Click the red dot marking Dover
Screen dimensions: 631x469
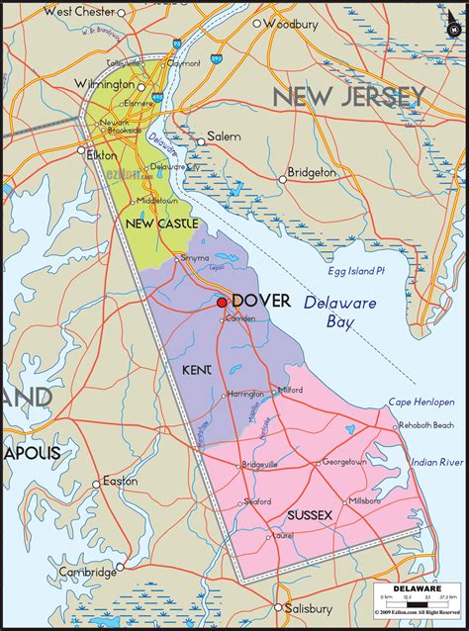point(222,303)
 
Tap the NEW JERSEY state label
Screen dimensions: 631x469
point(349,97)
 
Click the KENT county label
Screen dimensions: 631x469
point(197,370)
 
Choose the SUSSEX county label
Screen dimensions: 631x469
point(310,515)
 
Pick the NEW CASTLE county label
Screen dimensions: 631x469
point(162,224)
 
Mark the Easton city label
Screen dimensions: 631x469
point(120,481)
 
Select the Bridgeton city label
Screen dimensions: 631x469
point(312,172)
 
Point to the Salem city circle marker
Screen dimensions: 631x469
point(200,141)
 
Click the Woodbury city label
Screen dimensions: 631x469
point(290,23)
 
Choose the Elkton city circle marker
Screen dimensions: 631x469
point(82,150)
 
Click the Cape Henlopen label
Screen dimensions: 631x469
point(421,403)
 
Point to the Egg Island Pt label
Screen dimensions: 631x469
point(358,271)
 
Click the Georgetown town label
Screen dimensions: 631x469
point(343,462)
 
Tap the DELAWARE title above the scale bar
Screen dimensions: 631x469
point(417,590)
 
